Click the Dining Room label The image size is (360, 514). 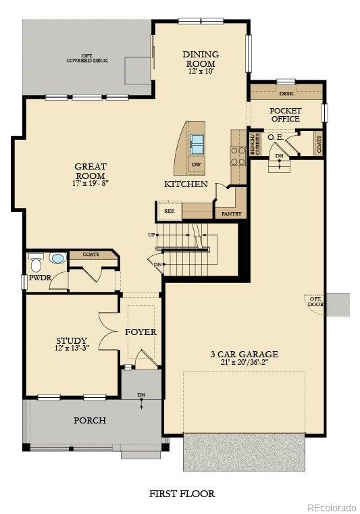pyautogui.click(x=201, y=59)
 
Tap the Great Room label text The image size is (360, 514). pyautogui.click(x=91, y=170)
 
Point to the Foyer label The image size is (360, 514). pyautogui.click(x=140, y=332)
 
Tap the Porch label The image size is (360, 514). pyautogui.click(x=90, y=420)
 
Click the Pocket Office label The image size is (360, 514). pyautogui.click(x=285, y=114)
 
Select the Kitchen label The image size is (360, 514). pyautogui.click(x=186, y=184)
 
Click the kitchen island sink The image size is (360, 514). pyautogui.click(x=197, y=144)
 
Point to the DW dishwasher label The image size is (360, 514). pyautogui.click(x=196, y=165)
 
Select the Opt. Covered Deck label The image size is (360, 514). pyautogui.click(x=87, y=59)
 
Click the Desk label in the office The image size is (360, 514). pyautogui.click(x=286, y=94)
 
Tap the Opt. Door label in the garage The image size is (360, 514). pyautogui.click(x=315, y=301)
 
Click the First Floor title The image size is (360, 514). pyautogui.click(x=182, y=494)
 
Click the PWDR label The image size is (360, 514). pyautogui.click(x=36, y=277)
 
